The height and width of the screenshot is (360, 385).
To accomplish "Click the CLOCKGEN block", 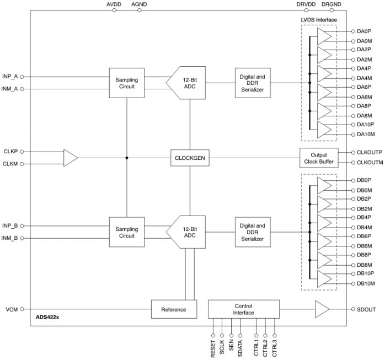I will (190, 158).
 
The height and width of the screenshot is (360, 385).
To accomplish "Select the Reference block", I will (173, 309).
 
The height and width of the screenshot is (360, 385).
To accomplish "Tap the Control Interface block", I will (243, 309).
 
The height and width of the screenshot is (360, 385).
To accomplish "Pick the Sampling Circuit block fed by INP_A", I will (126, 83).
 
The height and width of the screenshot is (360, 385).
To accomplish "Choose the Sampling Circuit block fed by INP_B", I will (126, 233).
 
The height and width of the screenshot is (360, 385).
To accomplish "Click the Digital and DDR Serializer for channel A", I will (252, 83).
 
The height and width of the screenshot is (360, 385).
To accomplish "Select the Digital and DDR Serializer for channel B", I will (252, 233).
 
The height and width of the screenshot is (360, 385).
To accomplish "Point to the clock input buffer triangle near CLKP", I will (71, 158).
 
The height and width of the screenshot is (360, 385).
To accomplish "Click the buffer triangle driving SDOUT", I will (322, 309).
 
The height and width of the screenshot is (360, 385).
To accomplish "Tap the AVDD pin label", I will (114, 4).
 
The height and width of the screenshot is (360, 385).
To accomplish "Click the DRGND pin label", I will (331, 4).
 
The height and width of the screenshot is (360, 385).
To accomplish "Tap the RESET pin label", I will (213, 348).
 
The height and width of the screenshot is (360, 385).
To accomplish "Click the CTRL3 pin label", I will (274, 348).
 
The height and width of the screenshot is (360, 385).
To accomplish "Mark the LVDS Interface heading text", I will (319, 20).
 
